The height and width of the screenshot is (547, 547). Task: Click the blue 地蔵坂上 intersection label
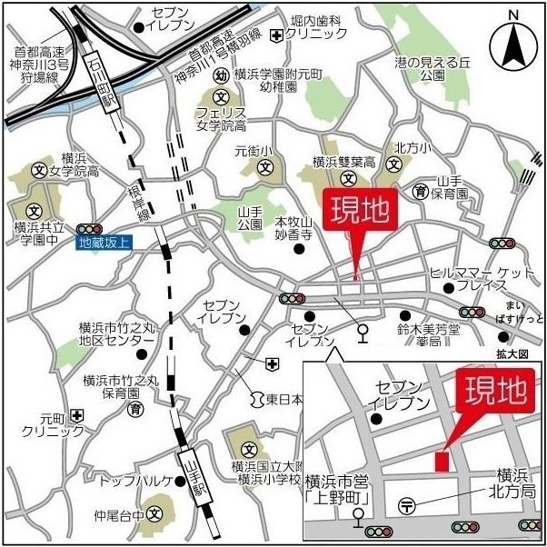[x=104, y=243]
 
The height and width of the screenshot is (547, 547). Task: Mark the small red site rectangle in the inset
[x=441, y=461]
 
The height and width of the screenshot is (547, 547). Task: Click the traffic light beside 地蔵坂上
[x=89, y=228]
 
